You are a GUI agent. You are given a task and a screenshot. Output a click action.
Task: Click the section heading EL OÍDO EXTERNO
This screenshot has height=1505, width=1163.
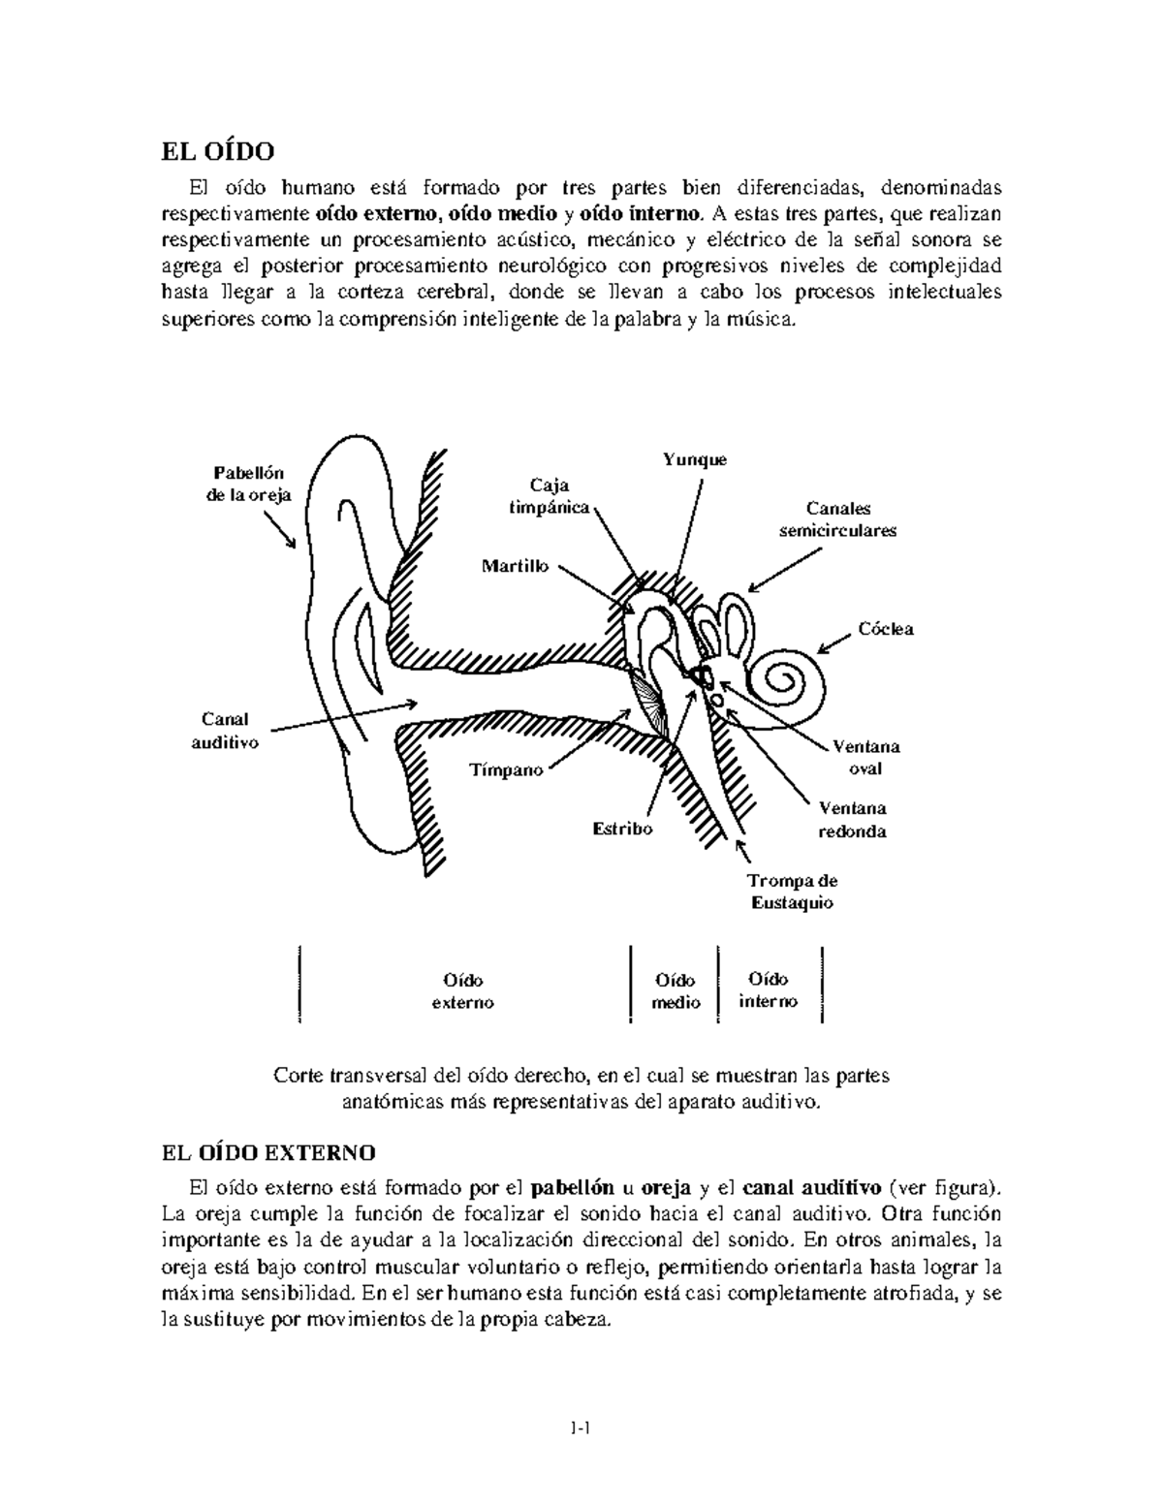(x=267, y=1152)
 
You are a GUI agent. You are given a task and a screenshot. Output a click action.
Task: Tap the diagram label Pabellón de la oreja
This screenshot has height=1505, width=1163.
(x=249, y=484)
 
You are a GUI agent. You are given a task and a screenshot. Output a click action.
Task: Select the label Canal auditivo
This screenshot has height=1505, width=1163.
(x=225, y=731)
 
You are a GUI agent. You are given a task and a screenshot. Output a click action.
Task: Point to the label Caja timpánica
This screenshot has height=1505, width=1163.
(x=550, y=496)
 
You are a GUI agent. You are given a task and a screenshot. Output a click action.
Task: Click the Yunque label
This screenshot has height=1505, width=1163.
(x=694, y=460)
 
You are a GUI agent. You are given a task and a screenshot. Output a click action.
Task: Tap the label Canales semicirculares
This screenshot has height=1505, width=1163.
(x=837, y=519)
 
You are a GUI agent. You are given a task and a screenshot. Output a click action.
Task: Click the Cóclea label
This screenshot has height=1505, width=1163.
(x=885, y=629)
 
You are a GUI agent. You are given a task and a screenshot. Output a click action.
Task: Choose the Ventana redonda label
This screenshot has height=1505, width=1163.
(x=852, y=819)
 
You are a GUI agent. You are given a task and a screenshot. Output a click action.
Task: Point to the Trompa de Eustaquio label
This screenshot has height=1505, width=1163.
(x=793, y=892)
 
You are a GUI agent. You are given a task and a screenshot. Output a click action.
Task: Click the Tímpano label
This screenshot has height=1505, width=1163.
(x=506, y=770)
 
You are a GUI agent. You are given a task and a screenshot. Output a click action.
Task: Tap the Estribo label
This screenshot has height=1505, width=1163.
(x=622, y=829)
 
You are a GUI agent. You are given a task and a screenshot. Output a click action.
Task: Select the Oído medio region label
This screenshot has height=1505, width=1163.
(x=675, y=991)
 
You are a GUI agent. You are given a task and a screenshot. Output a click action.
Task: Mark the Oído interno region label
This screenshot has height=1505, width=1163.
(x=769, y=990)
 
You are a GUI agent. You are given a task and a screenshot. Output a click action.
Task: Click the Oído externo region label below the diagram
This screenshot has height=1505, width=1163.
(x=462, y=991)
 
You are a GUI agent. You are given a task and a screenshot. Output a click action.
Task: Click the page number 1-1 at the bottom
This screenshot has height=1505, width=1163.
(x=581, y=1427)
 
